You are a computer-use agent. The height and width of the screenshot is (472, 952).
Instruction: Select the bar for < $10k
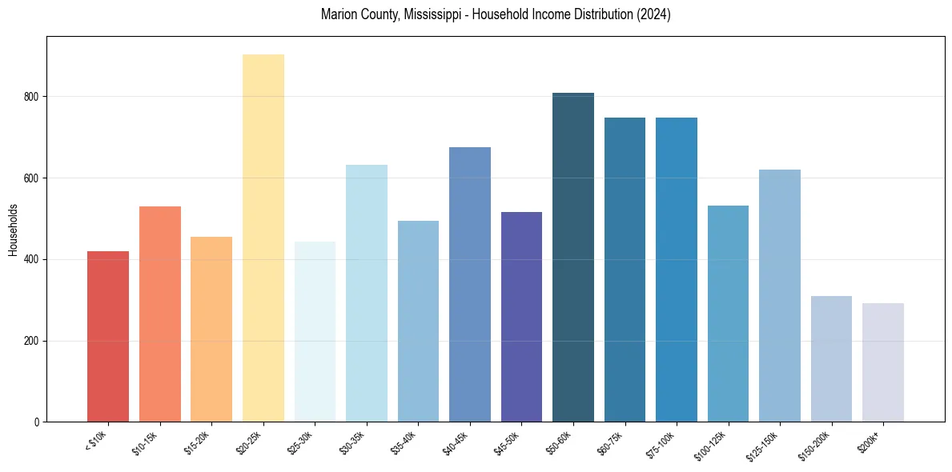pyautogui.click(x=108, y=337)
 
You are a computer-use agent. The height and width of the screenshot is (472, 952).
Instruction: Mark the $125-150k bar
pyautogui.click(x=780, y=296)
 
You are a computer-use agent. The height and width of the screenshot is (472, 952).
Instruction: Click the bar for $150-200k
pyautogui.click(x=831, y=359)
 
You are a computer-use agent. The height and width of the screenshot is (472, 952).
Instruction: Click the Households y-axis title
pyautogui.click(x=13, y=230)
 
